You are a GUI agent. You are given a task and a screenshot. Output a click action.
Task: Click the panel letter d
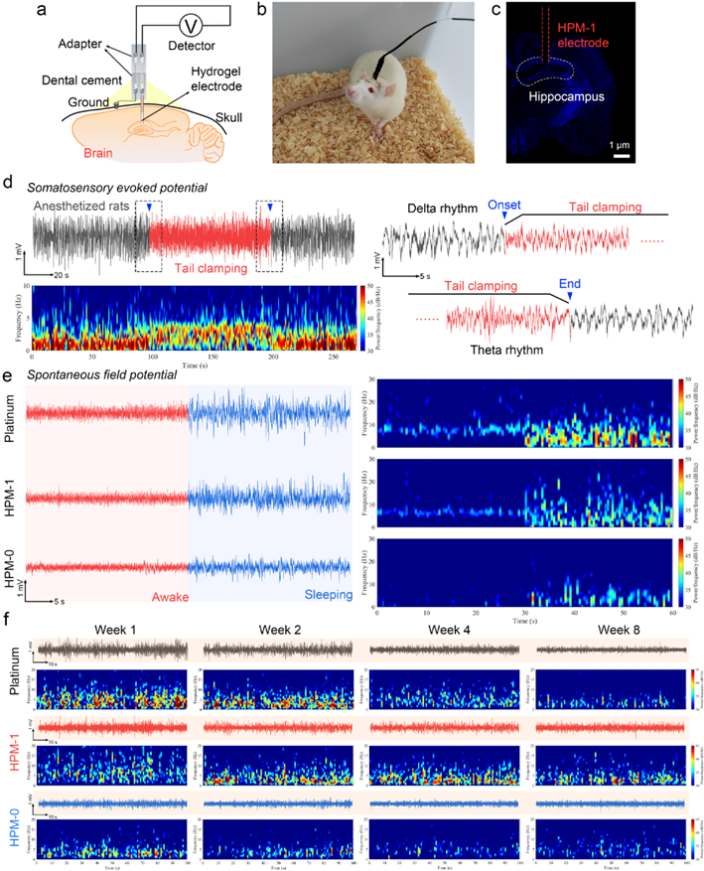(9, 186)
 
